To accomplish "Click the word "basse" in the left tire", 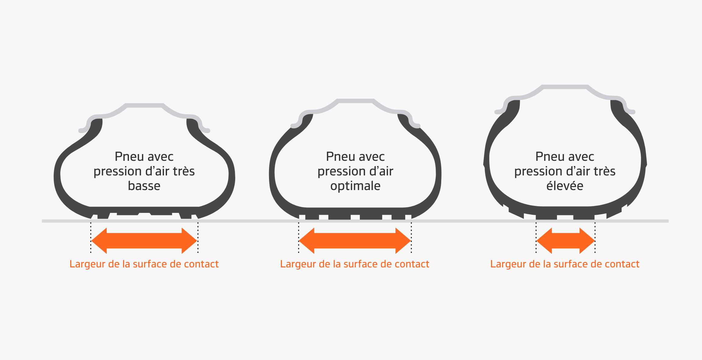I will coord(144,186).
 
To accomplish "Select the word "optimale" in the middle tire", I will coord(355,186).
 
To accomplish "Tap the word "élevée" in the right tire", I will coord(565,186).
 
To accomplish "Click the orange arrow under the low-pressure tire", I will coord(144,241).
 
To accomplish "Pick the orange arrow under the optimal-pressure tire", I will coord(355,241).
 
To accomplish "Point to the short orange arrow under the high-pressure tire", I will coord(565,241).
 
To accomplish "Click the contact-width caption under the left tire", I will coord(144,264).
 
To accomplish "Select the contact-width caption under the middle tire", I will coord(355,264).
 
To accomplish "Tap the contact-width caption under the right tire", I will coord(565,264).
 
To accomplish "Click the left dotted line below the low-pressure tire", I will coord(91,238).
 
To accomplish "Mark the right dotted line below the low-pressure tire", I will coord(198,238).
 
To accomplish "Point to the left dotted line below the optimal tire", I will coord(299,238).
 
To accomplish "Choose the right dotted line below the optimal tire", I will coord(411,238).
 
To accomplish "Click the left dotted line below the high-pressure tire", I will coord(536,238).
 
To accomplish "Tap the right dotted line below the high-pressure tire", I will coord(595,238).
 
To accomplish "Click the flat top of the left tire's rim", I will coord(144,105).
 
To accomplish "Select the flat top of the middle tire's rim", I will coord(355,101).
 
